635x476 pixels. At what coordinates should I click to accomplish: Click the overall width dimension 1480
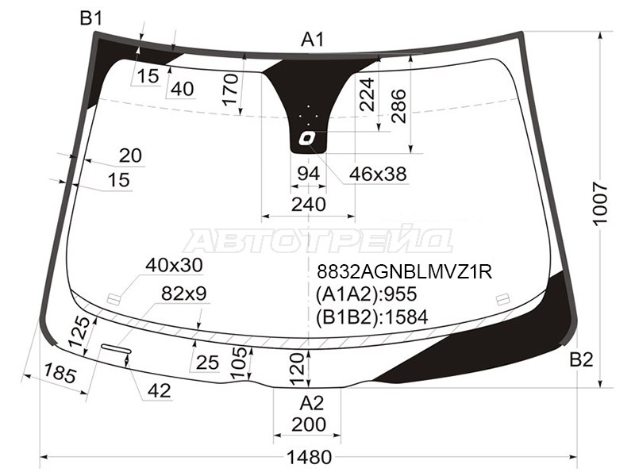[309, 458]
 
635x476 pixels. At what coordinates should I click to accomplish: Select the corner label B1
[91, 18]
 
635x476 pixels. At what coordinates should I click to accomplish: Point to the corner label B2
[581, 359]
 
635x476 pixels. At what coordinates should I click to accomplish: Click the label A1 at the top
[313, 40]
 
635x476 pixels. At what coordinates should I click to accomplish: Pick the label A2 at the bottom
[312, 403]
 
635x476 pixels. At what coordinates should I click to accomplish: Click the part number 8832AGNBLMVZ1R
[404, 272]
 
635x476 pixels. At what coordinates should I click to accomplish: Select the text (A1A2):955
[366, 294]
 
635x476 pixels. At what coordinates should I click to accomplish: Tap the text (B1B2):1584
[371, 317]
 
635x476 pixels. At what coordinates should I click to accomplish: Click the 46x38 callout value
[378, 174]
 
